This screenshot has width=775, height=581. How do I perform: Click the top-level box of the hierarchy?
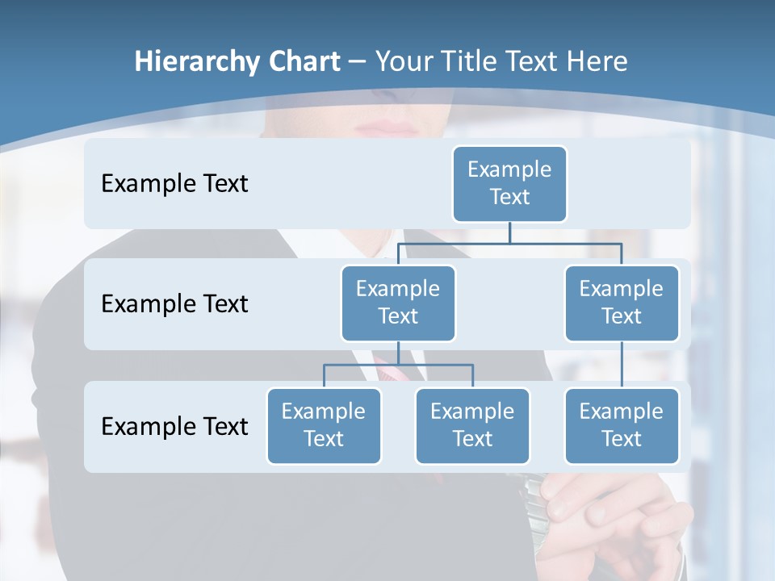point(509,183)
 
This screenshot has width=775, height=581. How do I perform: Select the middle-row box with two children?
point(398,303)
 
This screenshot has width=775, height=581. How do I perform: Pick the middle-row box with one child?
point(622,303)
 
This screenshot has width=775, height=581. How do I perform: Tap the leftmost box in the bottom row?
point(324,425)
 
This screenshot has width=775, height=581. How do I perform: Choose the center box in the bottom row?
point(472,425)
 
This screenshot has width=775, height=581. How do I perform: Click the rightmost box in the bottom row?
point(622,425)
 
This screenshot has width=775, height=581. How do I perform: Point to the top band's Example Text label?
point(174,184)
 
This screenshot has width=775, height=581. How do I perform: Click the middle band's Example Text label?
point(174,304)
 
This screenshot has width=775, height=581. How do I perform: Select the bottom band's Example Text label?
point(174,426)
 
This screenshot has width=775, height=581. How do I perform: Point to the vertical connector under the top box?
point(509,232)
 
